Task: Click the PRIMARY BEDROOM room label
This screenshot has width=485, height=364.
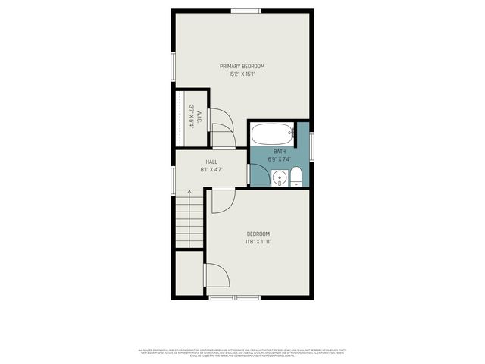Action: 242,66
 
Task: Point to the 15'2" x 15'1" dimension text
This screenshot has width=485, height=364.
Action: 242,74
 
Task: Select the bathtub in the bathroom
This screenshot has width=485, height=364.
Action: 271,135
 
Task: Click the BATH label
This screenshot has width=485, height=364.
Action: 280,152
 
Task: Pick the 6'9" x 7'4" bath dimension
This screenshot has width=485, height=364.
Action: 280,159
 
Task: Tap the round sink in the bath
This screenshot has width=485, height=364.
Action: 280,179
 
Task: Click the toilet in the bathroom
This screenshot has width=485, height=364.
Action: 296,177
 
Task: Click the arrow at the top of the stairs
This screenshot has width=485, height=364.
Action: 189,193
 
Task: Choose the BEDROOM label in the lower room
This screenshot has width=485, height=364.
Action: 258,234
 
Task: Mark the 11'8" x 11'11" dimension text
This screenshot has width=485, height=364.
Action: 258,242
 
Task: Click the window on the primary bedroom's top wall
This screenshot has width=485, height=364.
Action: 246,10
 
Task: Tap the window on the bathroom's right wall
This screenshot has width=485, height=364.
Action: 311,144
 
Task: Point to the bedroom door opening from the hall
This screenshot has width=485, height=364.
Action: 223,201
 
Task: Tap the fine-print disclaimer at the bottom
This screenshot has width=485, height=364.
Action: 242,353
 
